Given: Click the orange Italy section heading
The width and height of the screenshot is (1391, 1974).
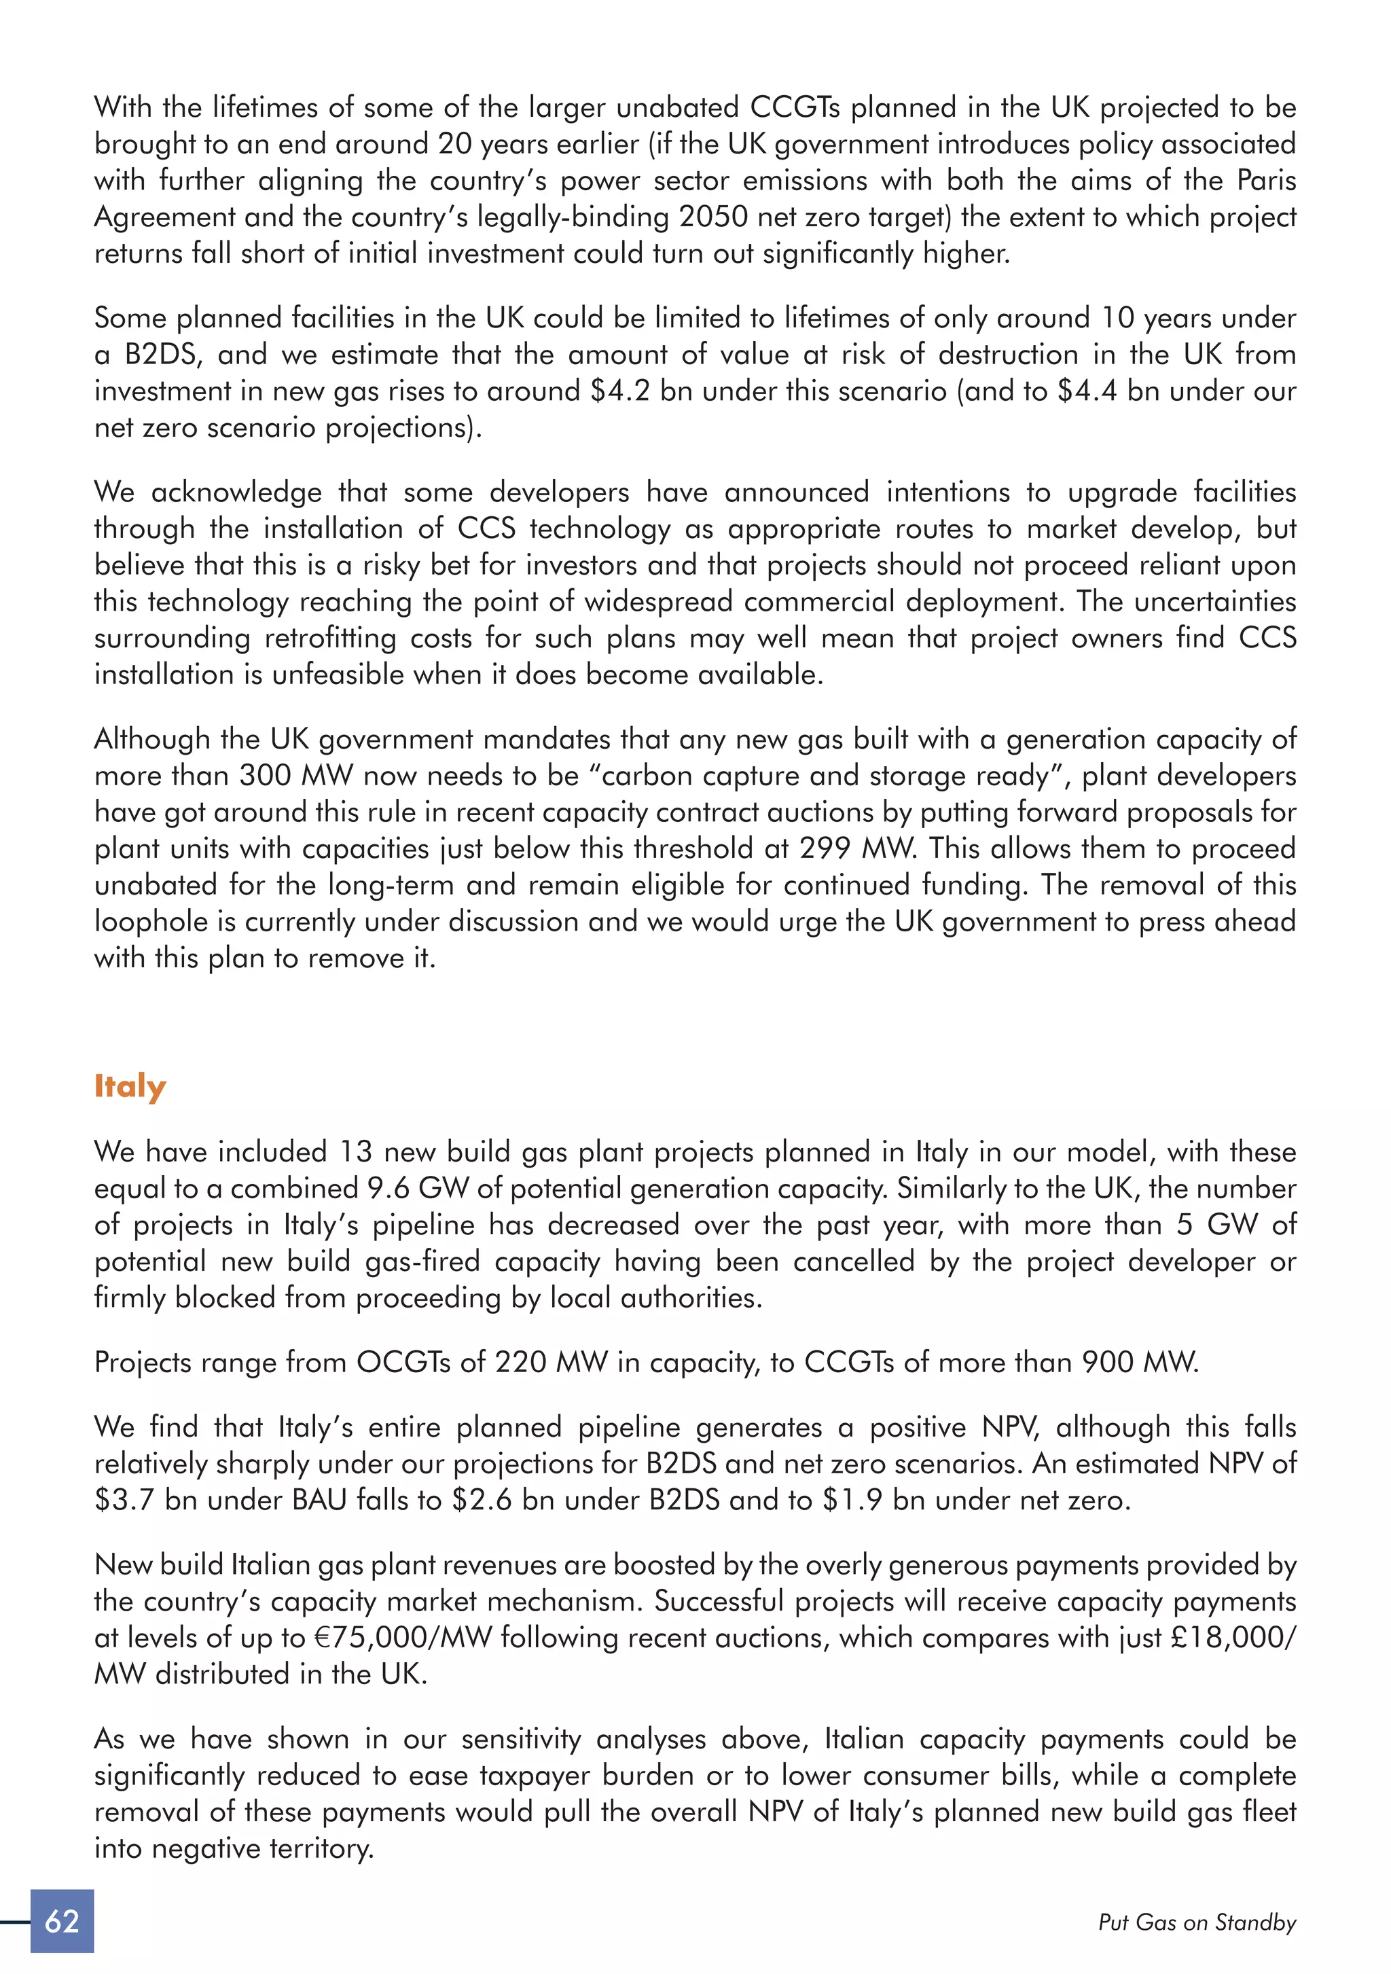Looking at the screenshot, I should click(x=130, y=1087).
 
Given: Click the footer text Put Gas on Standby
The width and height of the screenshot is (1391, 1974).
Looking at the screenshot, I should click(x=1197, y=1922).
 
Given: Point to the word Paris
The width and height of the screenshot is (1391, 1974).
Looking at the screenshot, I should click(x=1265, y=181).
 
